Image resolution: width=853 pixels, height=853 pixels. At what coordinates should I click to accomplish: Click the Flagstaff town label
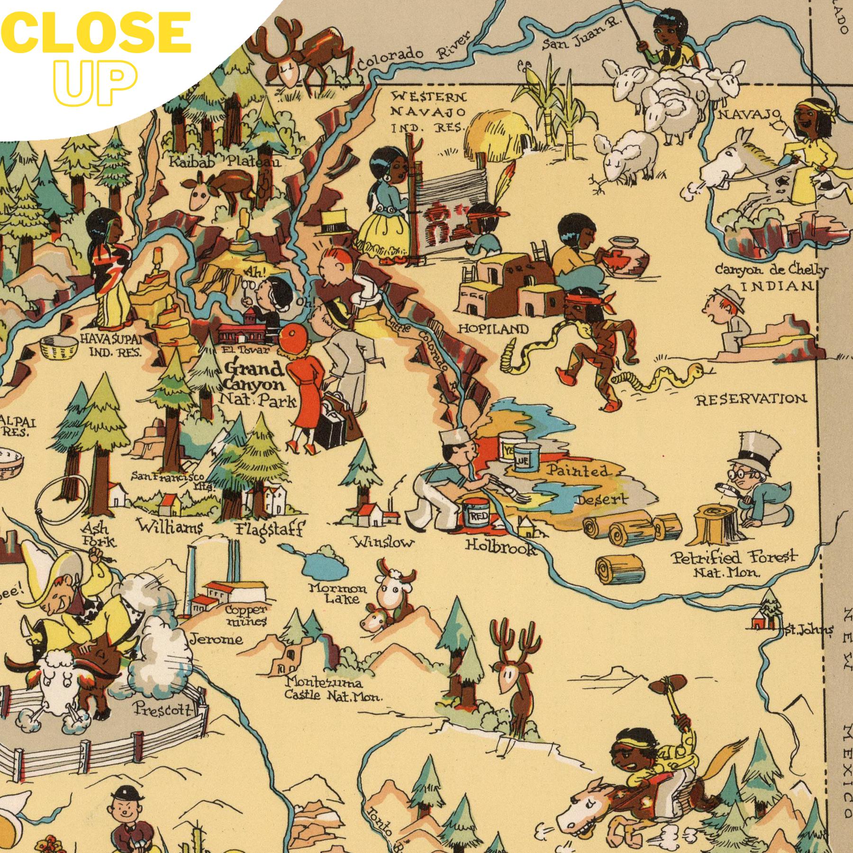tap(270, 528)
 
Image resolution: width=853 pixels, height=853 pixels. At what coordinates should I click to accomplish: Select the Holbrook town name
tap(501, 547)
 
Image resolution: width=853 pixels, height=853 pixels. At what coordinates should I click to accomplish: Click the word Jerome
tap(216, 639)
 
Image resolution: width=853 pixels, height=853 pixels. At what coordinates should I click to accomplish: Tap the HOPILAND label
tap(493, 329)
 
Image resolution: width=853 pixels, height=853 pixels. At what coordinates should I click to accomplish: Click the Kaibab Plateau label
tap(225, 162)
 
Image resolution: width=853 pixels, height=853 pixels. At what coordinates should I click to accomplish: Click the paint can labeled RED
tap(475, 516)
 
